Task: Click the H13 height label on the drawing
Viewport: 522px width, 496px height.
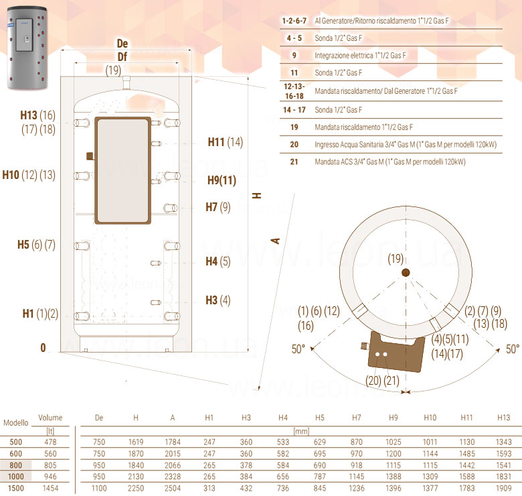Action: tap(29, 115)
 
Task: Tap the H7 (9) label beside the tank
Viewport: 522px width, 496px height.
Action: tap(218, 207)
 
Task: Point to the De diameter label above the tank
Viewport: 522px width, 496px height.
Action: tap(122, 44)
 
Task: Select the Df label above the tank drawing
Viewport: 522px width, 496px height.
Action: tap(122, 57)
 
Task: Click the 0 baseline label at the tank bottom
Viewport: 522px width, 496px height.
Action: tap(43, 348)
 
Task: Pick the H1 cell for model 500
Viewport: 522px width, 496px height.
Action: tap(209, 442)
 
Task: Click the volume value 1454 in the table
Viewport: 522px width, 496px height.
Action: tap(50, 488)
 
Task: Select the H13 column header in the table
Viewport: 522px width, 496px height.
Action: tap(503, 418)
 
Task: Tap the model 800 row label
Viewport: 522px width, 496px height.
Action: tap(15, 465)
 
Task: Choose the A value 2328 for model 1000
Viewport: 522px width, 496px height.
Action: tap(173, 477)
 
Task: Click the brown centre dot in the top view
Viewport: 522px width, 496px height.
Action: tap(406, 273)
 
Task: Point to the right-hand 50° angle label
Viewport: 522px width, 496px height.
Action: tap(513, 349)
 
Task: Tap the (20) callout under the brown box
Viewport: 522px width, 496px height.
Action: tap(373, 380)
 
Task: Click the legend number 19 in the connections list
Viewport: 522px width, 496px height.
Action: tap(294, 127)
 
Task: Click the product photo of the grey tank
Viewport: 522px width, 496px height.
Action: tap(27, 48)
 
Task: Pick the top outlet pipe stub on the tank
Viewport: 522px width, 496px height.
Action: tap(126, 82)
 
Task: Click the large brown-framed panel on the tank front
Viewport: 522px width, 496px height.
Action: tap(123, 170)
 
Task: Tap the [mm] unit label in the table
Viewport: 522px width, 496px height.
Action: tap(301, 431)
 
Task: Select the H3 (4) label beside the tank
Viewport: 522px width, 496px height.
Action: tap(218, 300)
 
